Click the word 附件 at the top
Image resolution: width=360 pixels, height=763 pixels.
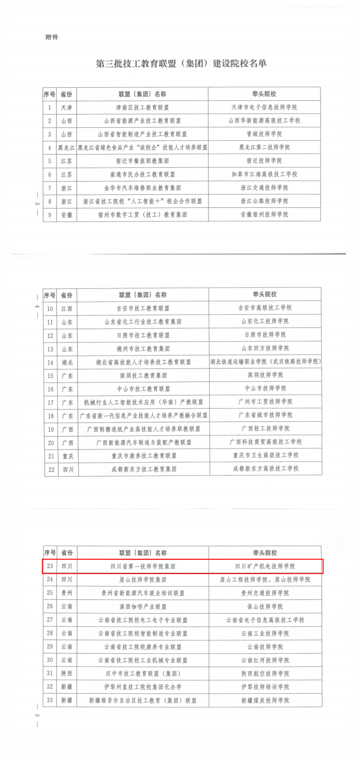coord(52,37)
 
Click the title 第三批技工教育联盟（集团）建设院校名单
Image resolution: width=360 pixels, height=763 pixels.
coord(181,63)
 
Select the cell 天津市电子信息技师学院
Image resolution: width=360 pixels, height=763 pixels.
coord(264,107)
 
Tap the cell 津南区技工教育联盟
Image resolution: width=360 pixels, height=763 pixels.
coord(142,108)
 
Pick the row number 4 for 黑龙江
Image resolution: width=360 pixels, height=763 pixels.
coord(49,148)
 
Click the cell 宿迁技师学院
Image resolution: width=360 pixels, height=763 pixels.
coord(264,161)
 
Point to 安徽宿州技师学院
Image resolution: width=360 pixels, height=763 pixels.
coord(264,214)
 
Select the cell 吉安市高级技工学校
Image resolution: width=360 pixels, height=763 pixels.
coord(265,308)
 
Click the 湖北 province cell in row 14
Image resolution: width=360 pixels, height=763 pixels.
coord(67,362)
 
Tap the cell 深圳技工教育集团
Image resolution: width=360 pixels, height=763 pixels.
coord(143,375)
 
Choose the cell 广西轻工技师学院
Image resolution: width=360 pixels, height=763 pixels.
coord(265,429)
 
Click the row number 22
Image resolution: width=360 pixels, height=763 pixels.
coord(51,469)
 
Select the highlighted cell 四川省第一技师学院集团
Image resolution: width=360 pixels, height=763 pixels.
coord(143,566)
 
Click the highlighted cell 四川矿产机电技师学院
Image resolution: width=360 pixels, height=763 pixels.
coord(265,566)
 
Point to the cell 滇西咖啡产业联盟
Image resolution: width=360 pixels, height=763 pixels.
coord(143,606)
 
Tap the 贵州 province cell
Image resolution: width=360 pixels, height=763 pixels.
coord(67,593)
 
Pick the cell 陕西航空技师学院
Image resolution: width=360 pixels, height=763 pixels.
coord(265,673)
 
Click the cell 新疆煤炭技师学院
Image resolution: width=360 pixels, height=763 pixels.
coord(265,700)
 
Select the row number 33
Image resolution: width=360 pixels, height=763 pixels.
coord(50,700)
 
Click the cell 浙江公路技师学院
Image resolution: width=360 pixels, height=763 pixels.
coord(264,201)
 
